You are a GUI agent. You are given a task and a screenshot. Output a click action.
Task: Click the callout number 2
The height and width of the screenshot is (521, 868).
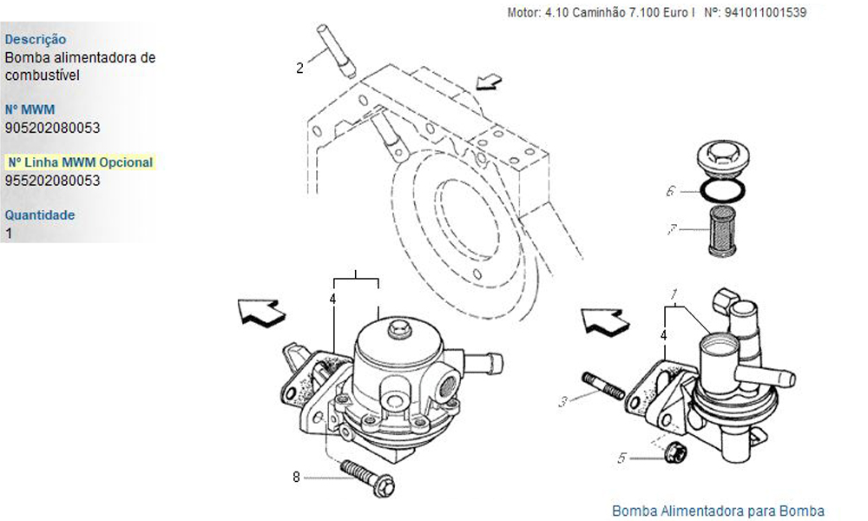click(299, 69)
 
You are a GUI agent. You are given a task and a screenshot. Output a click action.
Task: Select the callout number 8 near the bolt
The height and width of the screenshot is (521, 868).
click(296, 477)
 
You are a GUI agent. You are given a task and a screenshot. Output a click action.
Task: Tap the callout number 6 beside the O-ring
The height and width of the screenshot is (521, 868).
click(671, 191)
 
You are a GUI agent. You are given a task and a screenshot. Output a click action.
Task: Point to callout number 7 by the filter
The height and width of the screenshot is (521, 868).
click(672, 228)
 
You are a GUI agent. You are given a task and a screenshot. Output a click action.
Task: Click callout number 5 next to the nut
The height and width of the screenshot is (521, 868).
click(621, 458)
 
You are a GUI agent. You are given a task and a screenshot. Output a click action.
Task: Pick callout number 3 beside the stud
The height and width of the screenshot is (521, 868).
click(563, 401)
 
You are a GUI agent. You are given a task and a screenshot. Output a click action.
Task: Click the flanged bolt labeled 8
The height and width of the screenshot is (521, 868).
click(368, 478)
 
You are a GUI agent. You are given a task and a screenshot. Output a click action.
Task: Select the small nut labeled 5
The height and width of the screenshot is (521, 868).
click(675, 452)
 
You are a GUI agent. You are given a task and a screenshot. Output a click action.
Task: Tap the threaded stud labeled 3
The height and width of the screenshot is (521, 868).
click(603, 386)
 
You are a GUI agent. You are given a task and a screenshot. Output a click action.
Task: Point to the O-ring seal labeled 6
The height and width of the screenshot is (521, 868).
click(723, 190)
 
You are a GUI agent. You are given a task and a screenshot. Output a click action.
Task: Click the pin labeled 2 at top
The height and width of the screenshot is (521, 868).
click(335, 49)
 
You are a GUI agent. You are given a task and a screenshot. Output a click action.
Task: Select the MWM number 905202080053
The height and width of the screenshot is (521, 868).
click(53, 128)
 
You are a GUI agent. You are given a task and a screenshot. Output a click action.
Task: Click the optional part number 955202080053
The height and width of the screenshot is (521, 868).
click(53, 181)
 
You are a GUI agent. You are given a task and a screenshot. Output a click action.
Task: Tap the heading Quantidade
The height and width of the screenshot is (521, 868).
click(40, 214)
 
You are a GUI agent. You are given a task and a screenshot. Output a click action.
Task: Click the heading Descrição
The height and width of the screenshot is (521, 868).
click(36, 39)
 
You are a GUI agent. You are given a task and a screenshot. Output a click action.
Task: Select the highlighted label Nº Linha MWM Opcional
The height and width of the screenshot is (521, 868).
click(80, 162)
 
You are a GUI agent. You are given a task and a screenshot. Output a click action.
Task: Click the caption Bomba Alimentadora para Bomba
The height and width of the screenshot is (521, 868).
click(718, 511)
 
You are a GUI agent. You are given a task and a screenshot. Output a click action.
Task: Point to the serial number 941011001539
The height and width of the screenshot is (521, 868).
click(766, 12)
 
